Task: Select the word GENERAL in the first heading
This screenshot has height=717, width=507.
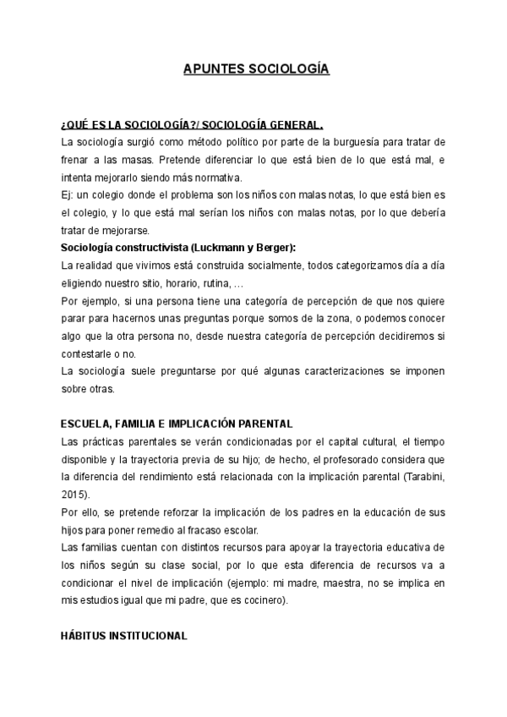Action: pyautogui.click(x=292, y=123)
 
